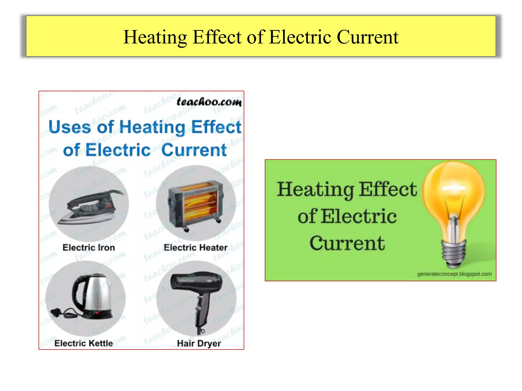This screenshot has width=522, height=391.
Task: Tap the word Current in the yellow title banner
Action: [368, 37]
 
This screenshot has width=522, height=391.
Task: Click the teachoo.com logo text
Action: [209, 102]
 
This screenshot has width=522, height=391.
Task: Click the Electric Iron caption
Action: [89, 247]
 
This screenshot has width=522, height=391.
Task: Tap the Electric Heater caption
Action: [195, 247]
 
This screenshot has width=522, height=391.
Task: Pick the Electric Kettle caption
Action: [84, 343]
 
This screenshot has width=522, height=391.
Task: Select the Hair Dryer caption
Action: [199, 343]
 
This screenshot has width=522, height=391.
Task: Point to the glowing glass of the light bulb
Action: [453, 193]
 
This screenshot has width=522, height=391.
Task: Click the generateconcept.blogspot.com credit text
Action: [454, 274]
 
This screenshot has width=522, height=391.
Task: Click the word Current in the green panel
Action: [347, 243]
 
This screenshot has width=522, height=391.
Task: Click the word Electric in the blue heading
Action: [118, 150]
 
